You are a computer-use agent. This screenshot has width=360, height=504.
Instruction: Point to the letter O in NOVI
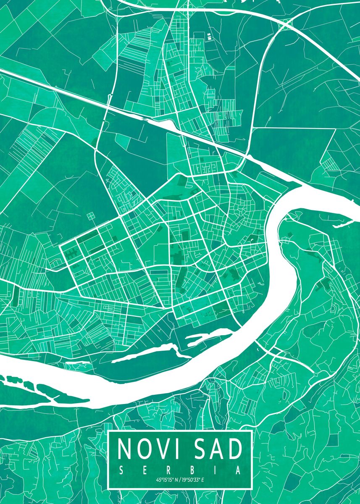[144, 449]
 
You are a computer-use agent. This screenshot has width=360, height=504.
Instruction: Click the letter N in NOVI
[125, 449]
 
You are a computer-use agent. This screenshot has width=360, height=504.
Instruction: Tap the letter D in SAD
[236, 449]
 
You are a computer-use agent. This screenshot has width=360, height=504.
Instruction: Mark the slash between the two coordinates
[180, 480]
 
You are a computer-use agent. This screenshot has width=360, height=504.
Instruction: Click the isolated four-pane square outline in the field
[91, 216]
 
